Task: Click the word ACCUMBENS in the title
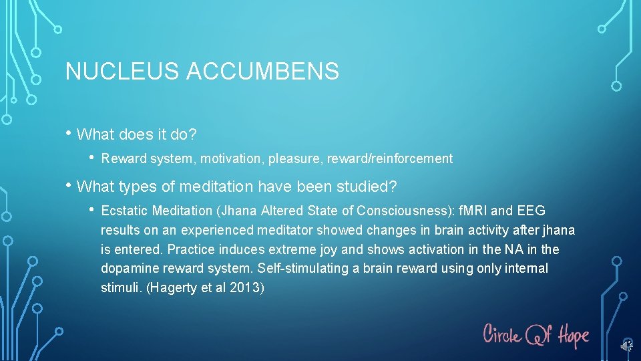(264, 71)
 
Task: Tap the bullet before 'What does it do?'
(69, 134)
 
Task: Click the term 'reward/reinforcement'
(388, 159)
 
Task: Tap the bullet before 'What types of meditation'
(69, 185)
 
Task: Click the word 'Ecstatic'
(124, 211)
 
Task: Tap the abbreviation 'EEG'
(531, 211)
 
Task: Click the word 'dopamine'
(127, 269)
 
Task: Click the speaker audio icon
(626, 346)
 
